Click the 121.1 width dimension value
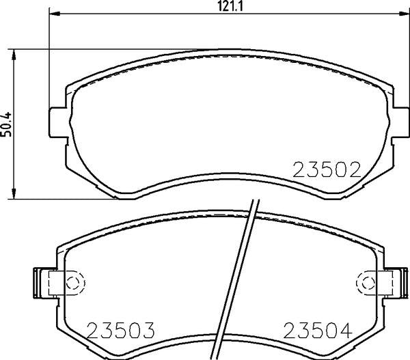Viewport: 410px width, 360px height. tap(230, 5)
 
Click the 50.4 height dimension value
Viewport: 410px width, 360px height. tap(6, 124)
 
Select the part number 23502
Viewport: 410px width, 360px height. tap(327, 170)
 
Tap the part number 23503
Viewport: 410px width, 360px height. tap(121, 330)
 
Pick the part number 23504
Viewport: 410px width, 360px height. tap(318, 330)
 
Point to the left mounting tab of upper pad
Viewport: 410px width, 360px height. tap(57, 122)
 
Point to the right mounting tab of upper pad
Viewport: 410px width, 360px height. tap(400, 122)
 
